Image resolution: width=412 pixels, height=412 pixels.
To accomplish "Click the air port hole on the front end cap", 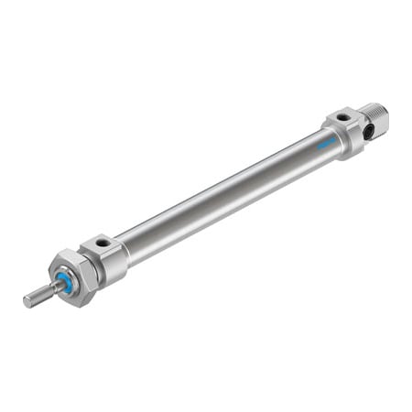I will (x=103, y=243).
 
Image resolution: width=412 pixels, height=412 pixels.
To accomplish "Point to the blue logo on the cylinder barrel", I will (x=327, y=145).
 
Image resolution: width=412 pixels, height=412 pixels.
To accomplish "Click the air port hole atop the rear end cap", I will (x=343, y=117).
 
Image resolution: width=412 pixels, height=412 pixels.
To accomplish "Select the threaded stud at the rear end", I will (x=375, y=118).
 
